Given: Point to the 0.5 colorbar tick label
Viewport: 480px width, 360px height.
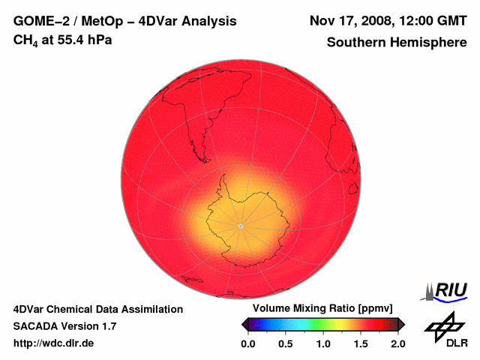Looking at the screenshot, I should coord(285,343).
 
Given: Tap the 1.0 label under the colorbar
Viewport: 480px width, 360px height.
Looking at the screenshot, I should coord(323,343).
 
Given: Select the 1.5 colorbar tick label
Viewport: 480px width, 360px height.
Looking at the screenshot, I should coord(361,343).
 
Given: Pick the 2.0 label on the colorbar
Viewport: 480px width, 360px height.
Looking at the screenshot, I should coord(398,343).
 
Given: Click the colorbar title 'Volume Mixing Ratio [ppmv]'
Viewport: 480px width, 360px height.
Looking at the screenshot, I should coord(318,309).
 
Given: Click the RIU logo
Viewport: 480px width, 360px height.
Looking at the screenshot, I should coord(448,290).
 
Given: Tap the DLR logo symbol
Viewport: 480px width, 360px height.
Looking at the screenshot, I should coord(442,323).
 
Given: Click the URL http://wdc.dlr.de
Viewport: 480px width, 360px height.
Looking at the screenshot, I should coord(54,343).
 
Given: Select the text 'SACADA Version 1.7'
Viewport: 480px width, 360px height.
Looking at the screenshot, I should coord(64,326).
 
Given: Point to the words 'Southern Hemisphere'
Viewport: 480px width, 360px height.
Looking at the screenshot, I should coord(397,43).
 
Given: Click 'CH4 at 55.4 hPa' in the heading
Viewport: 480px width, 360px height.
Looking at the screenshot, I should coord(63,40).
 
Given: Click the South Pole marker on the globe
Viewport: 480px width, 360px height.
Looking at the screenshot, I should coord(240,226).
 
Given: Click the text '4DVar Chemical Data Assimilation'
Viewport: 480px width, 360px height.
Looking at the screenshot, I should coord(98,309).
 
